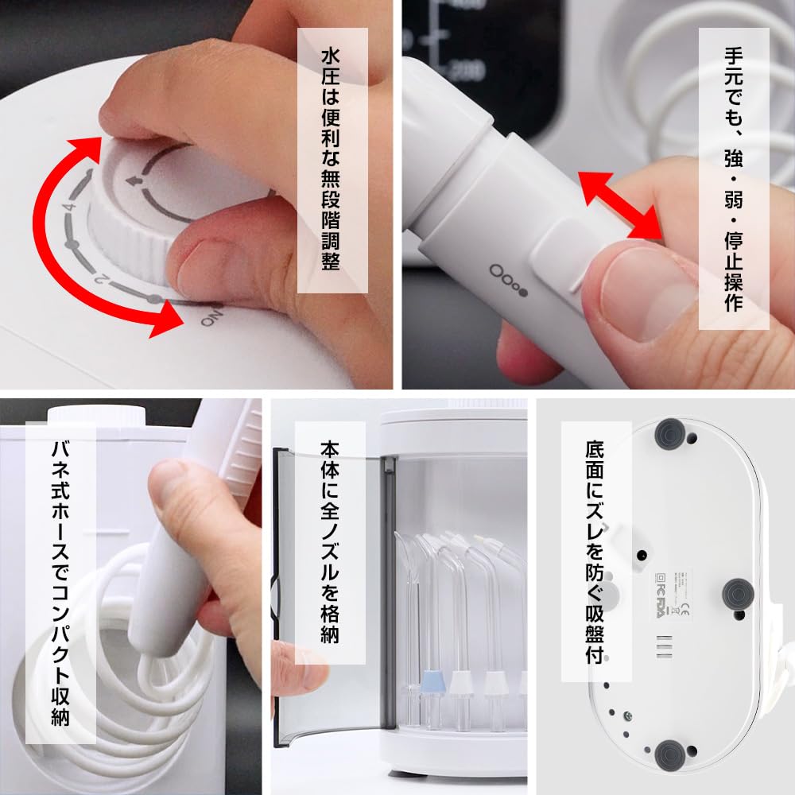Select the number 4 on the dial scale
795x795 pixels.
71,208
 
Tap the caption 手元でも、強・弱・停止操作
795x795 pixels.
733,179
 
